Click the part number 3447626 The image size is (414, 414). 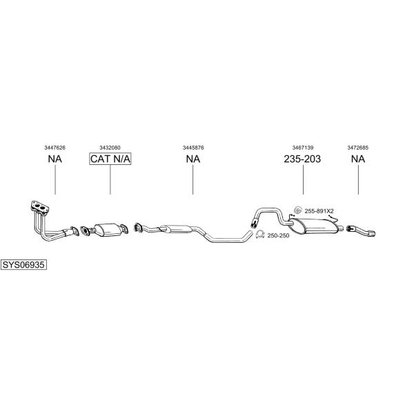pyautogui.click(x=55, y=148)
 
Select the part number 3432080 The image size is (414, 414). pyautogui.click(x=110, y=148)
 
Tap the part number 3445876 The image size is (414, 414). pyautogui.click(x=193, y=148)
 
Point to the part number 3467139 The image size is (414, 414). pyautogui.click(x=303, y=148)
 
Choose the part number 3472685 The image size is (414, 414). pyautogui.click(x=357, y=148)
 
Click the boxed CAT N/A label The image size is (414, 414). pyautogui.click(x=110, y=159)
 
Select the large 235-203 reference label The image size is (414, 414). pyautogui.click(x=302, y=159)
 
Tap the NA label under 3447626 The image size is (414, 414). pyautogui.click(x=55, y=159)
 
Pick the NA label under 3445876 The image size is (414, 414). pyautogui.click(x=193, y=159)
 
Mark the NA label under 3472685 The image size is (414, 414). pyautogui.click(x=358, y=159)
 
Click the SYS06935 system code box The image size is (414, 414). pyautogui.click(x=23, y=264)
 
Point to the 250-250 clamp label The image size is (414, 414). pyautogui.click(x=278, y=235)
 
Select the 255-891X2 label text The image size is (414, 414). pyautogui.click(x=319, y=211)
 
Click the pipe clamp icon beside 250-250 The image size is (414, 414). pyautogui.click(x=260, y=234)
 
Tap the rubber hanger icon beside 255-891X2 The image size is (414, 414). pyautogui.click(x=298, y=210)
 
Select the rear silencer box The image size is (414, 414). pyautogui.click(x=314, y=226)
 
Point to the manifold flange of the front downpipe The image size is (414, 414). pyautogui.click(x=39, y=207)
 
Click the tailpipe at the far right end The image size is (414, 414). pyautogui.click(x=361, y=230)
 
